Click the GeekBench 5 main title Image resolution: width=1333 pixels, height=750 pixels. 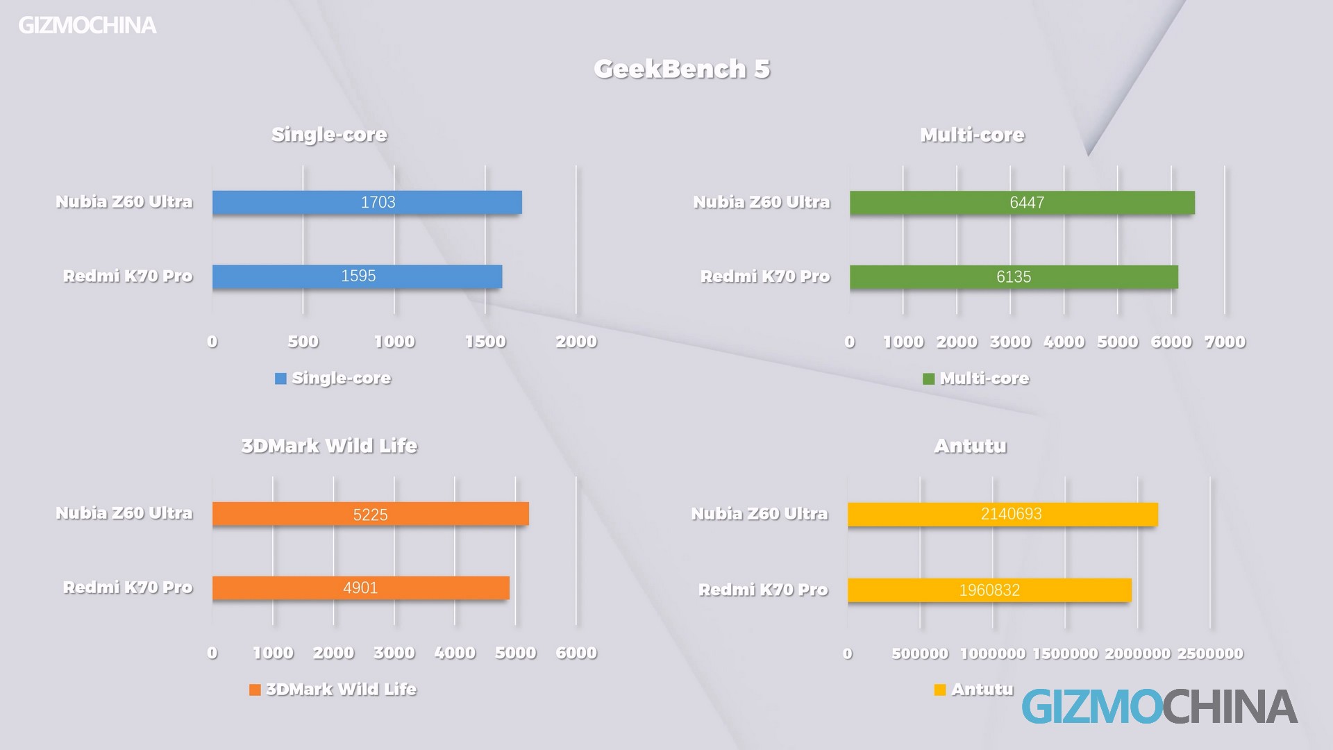[682, 69]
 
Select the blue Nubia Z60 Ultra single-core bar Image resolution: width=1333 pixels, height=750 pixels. [367, 202]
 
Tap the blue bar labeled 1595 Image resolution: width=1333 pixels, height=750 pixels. [357, 276]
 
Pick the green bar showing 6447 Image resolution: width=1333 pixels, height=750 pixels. [1022, 203]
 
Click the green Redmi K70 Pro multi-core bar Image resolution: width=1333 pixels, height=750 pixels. [1014, 277]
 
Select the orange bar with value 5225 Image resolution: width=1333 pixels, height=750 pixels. [370, 514]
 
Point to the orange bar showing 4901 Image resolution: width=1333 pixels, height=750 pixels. [360, 588]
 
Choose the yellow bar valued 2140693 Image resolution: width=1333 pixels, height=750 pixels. [1003, 515]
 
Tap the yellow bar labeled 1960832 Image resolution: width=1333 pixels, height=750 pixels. [989, 590]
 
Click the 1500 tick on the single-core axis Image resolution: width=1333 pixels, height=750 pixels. [485, 342]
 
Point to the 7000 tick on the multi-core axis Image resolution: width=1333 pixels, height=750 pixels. [1225, 342]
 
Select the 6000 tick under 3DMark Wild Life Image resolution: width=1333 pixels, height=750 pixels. [576, 653]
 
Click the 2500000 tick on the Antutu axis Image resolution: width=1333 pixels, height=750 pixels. [1210, 653]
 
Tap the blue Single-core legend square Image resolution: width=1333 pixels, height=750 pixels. [280, 378]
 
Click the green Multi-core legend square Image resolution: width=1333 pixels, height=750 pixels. [928, 378]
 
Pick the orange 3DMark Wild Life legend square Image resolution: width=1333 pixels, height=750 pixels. [255, 690]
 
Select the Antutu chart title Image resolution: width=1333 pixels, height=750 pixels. [970, 446]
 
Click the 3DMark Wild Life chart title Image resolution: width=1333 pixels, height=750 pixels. [329, 446]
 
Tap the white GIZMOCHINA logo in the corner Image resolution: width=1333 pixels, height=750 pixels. [87, 26]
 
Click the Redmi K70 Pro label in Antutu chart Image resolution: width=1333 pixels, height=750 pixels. [763, 590]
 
